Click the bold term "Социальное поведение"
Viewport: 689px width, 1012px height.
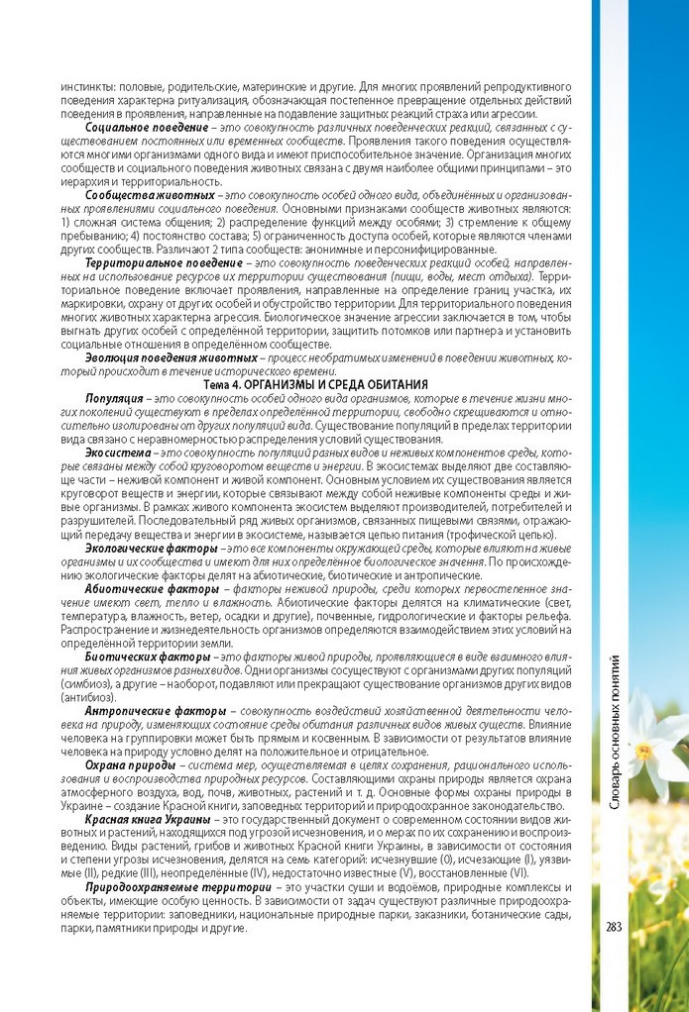coord(146,129)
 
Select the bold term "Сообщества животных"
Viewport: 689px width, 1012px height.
coord(150,195)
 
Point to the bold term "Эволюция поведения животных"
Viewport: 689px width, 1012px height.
coord(172,355)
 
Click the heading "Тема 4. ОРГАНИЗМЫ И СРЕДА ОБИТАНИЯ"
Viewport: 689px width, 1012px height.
coord(315,382)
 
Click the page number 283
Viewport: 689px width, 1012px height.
coord(613,927)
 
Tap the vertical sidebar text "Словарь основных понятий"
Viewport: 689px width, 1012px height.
coord(615,733)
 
